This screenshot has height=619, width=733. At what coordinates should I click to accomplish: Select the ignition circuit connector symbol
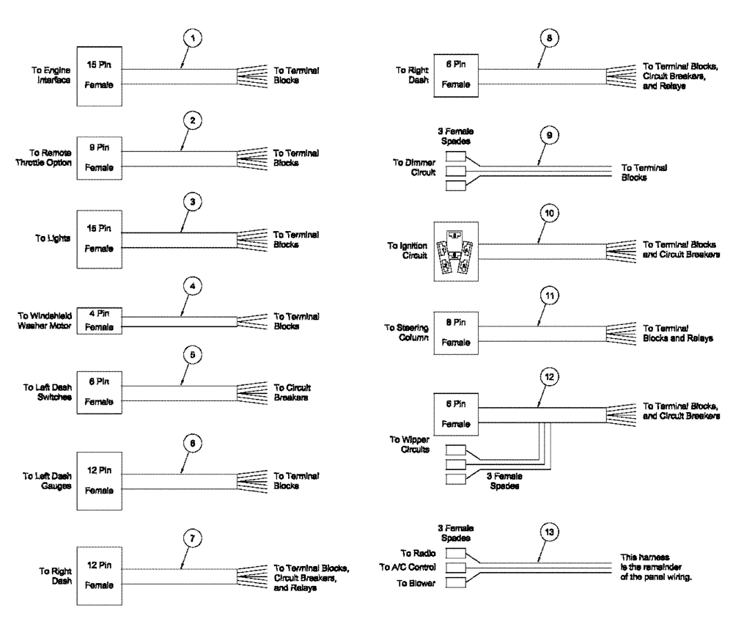[457, 251]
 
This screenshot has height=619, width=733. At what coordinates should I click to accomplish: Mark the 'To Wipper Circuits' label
[409, 444]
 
